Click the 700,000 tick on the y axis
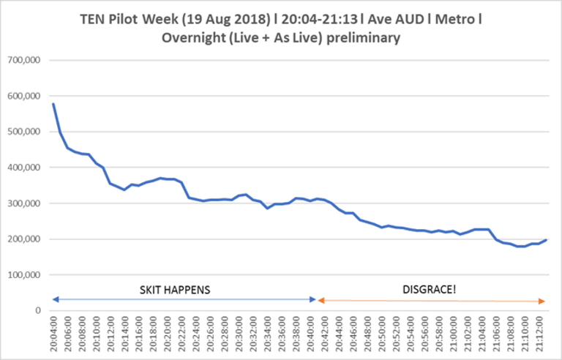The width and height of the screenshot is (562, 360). click(x=23, y=60)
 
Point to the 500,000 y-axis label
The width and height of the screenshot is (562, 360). click(x=23, y=132)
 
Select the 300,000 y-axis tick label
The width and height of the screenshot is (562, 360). click(x=23, y=203)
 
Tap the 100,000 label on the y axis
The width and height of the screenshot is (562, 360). click(x=23, y=275)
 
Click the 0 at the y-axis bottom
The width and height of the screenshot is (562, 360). click(x=37, y=311)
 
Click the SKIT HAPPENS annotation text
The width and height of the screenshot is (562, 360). click(x=175, y=290)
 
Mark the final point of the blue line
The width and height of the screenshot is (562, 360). click(x=546, y=240)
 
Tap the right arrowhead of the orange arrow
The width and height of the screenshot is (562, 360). click(x=542, y=301)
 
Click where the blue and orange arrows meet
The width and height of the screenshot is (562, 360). click(x=316, y=299)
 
